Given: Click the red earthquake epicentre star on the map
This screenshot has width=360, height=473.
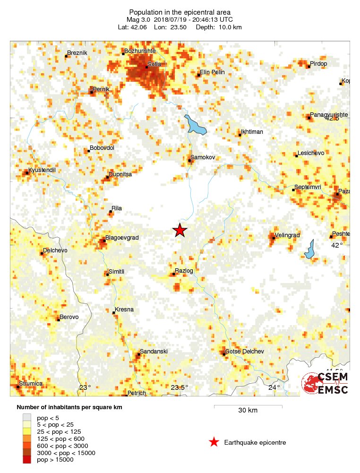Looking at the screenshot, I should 180,230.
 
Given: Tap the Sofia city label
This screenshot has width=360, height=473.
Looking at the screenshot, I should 154,64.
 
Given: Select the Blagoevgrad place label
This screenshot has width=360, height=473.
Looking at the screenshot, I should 122,238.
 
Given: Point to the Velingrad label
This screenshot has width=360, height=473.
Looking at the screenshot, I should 288,235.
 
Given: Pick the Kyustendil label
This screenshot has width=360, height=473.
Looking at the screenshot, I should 42,170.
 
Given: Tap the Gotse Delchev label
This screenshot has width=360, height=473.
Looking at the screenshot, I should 244,352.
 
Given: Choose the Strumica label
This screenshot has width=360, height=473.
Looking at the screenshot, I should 31,383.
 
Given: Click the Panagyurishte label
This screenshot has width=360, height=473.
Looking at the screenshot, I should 329,115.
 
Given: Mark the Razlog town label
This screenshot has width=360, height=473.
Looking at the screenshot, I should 184,270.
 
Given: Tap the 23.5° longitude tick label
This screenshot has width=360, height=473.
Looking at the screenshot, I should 179,388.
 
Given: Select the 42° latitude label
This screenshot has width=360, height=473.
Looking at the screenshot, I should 336,245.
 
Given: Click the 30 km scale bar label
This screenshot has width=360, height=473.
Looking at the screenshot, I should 248,410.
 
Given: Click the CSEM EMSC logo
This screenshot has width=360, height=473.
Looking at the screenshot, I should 325,383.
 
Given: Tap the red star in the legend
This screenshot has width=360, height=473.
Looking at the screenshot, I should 214,442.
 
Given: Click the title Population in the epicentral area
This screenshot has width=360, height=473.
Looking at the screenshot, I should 180,12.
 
